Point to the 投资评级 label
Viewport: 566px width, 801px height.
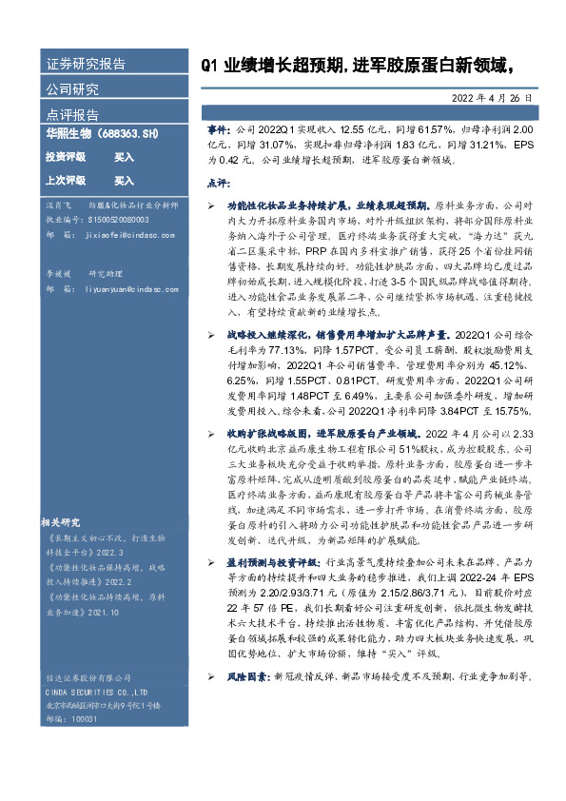tap(66, 156)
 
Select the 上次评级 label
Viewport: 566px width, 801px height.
tap(66, 180)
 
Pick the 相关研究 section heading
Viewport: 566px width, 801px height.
tap(64, 521)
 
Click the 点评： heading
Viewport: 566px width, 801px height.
tap(219, 183)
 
